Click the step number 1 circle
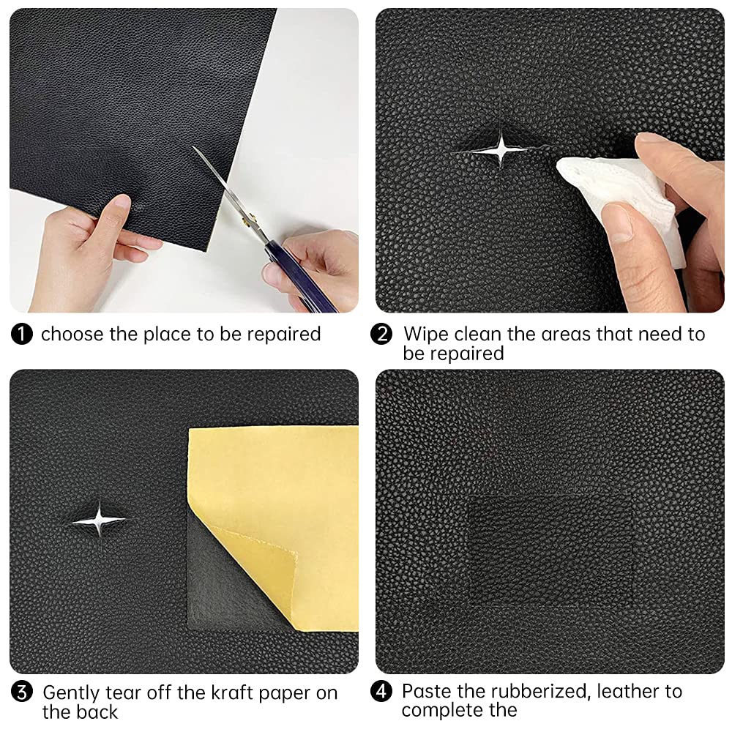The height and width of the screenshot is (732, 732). tap(22, 335)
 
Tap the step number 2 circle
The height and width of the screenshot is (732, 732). tap(381, 335)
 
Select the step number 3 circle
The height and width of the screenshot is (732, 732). tap(22, 692)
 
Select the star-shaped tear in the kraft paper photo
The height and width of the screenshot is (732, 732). tap(99, 520)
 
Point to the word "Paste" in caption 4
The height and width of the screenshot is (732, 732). tap(428, 691)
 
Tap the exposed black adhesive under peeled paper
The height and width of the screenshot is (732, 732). tap(220, 593)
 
